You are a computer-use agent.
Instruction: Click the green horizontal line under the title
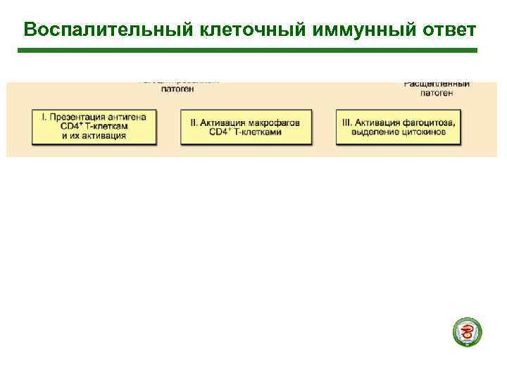246,51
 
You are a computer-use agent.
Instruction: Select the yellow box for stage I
94,127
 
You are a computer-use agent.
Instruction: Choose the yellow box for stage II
246,127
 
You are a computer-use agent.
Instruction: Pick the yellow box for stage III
398,127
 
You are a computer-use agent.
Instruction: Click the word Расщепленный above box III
437,84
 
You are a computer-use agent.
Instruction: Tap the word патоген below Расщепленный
437,93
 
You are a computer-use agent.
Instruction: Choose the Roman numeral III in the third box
347,122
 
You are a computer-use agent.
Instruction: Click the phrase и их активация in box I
93,136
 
